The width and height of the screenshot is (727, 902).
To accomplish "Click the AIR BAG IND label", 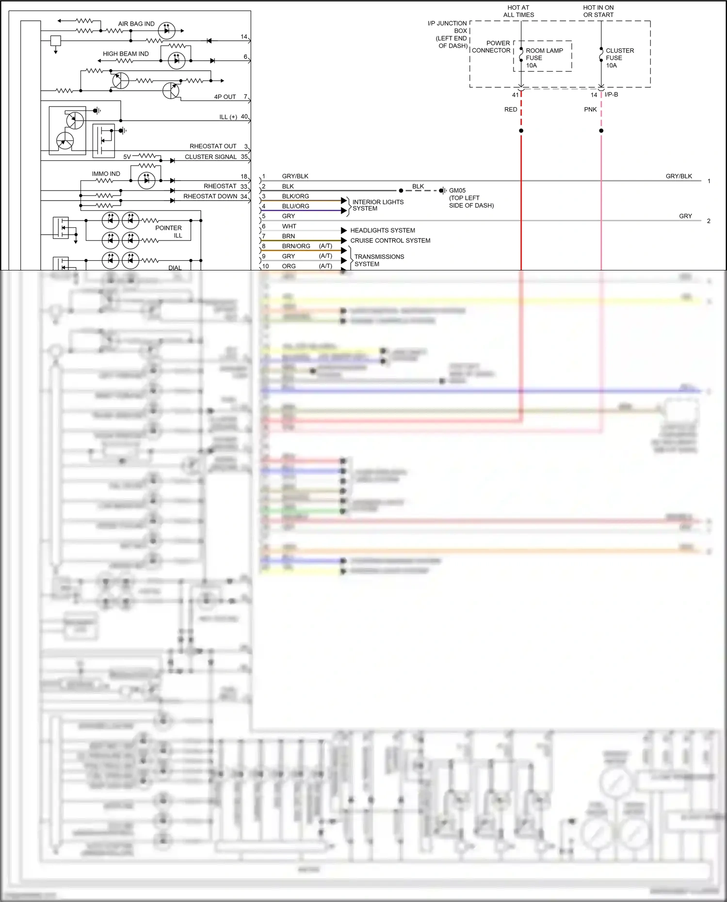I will [136, 24].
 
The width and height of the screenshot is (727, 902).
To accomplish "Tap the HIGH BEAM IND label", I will [126, 54].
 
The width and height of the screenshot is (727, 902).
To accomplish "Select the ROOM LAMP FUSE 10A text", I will [544, 58].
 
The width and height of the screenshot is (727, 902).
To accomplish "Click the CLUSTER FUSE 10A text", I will [619, 58].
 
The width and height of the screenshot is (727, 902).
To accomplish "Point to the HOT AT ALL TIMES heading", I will [518, 11].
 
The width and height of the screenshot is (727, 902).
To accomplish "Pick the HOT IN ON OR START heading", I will [598, 11].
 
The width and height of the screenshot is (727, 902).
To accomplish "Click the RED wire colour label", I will [510, 110].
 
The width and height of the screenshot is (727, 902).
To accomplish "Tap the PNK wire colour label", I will [590, 110].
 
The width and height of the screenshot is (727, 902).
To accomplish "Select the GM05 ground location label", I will [470, 198].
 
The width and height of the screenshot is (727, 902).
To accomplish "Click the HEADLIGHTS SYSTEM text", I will [382, 230].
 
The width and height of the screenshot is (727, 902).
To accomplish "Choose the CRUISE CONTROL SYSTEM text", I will [390, 240].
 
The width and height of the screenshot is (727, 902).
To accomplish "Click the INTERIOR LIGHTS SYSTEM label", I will [377, 205].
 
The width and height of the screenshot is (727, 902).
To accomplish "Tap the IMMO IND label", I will [106, 174].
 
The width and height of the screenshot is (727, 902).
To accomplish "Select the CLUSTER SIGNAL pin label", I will [210, 157].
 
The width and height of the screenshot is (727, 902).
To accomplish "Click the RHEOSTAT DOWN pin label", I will [210, 196].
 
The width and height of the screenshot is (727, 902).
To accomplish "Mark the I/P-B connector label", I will [611, 95].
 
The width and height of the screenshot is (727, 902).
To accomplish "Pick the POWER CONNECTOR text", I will [491, 47].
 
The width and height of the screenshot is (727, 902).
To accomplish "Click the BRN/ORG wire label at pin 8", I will [296, 246].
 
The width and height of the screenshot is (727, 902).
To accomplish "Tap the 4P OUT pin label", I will [225, 97].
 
